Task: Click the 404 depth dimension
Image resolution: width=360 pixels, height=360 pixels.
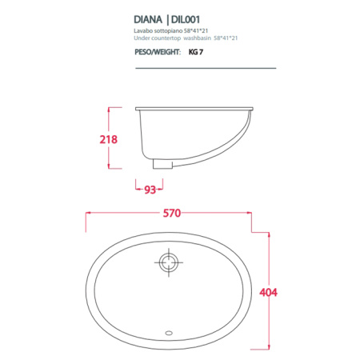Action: [x=268, y=293]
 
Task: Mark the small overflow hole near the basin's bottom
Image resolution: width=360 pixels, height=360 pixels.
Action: [x=169, y=330]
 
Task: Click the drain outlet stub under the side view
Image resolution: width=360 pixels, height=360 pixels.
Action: [x=162, y=165]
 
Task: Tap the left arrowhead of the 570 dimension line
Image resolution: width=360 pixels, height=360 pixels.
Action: [x=88, y=213]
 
